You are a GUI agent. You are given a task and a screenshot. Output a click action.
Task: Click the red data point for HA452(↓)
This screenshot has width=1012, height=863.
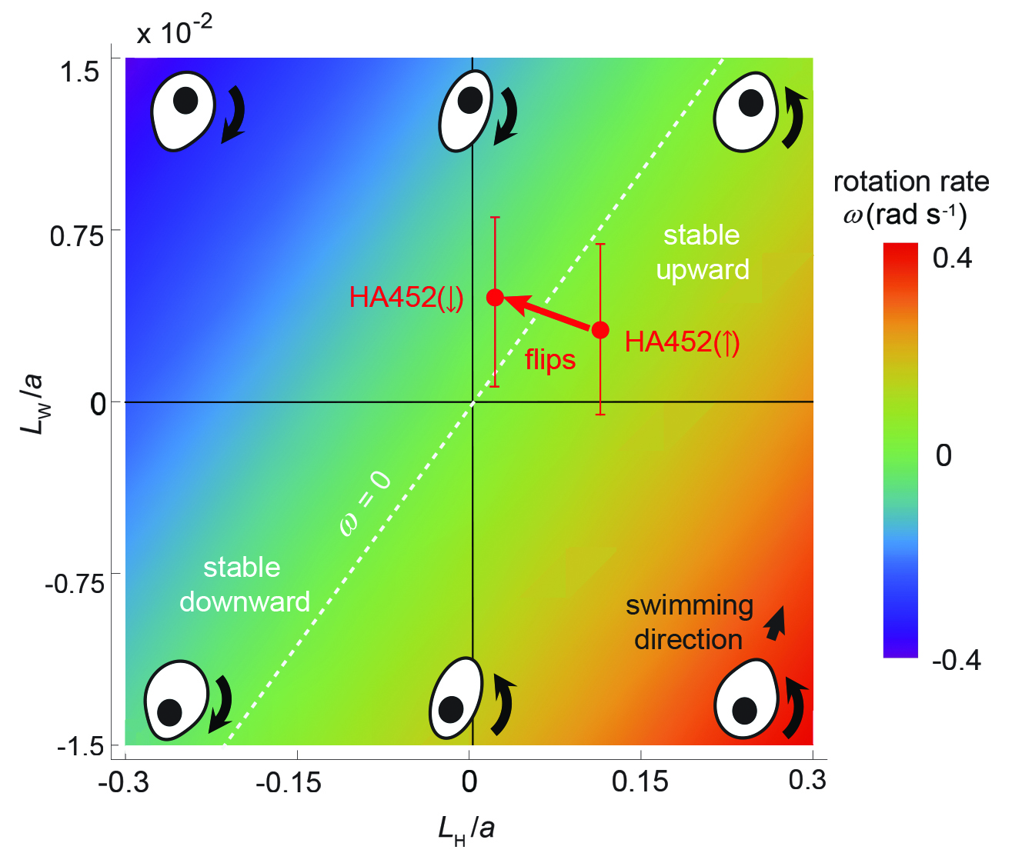tap(495, 298)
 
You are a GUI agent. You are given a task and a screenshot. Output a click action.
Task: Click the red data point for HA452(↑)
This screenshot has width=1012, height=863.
tap(600, 330)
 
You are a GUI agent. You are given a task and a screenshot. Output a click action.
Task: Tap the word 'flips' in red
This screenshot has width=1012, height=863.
tap(550, 360)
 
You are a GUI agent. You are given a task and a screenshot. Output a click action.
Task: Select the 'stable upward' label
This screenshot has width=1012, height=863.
tap(702, 252)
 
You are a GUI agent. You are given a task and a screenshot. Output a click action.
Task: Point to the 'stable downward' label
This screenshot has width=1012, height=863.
tap(244, 585)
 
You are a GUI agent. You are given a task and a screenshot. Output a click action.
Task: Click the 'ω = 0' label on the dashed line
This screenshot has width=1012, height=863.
tap(366, 505)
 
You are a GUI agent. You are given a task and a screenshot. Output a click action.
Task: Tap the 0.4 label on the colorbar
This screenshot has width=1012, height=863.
tap(953, 258)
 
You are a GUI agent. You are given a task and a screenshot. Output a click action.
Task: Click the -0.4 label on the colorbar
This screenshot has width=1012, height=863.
tap(956, 660)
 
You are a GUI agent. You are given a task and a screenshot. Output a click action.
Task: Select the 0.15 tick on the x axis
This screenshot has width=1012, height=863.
tap(640, 782)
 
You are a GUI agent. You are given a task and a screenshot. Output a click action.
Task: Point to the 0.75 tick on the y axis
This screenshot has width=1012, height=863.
tap(76, 235)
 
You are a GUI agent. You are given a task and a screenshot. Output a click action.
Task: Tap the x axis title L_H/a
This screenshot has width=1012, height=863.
tap(466, 829)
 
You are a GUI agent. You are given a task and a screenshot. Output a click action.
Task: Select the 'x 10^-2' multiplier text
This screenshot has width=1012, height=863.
tap(174, 32)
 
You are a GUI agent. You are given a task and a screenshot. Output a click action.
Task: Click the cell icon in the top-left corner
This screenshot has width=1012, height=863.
tap(182, 109)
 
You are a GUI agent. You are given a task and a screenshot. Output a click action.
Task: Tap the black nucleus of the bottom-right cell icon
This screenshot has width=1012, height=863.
tap(745, 710)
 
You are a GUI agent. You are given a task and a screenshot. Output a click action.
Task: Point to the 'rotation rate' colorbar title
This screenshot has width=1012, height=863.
tap(911, 183)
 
